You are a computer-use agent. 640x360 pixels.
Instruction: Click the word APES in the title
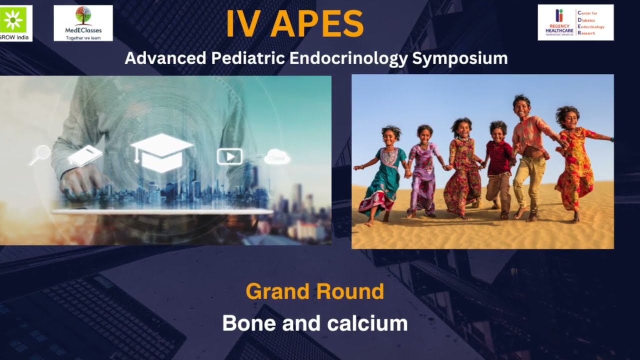point(317,23)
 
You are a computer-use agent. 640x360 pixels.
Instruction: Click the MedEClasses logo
point(83,22)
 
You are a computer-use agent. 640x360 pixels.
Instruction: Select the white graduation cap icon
point(161,152)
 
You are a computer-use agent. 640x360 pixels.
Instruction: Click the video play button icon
point(229,156)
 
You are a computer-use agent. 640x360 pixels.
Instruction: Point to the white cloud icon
point(277,156)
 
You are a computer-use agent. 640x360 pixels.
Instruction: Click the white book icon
point(85,155)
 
